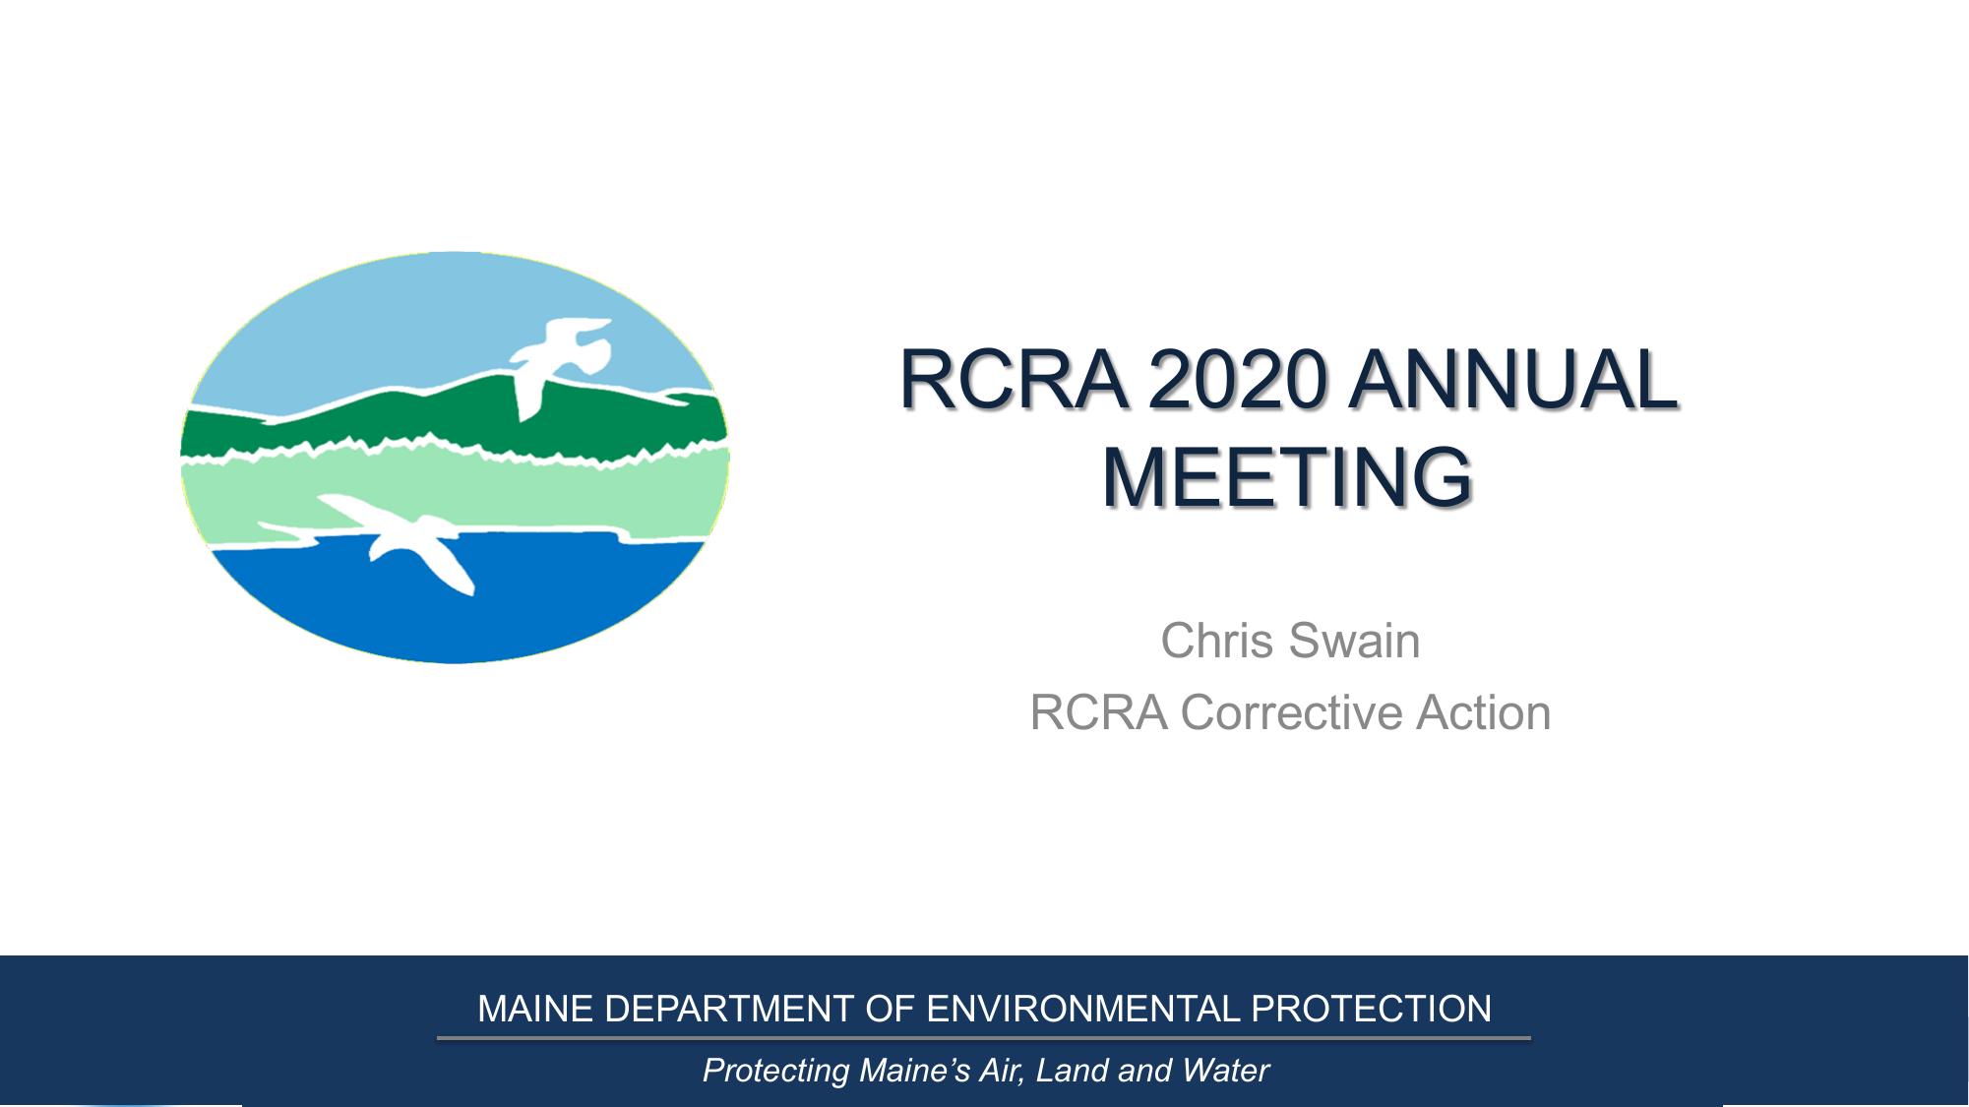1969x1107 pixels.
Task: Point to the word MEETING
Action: coord(1288,477)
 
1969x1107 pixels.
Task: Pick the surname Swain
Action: coord(1354,641)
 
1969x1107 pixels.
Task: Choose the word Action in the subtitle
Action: coord(1484,713)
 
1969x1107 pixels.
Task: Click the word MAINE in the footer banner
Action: coord(535,1010)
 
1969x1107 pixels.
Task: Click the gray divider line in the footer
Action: coord(984,1038)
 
